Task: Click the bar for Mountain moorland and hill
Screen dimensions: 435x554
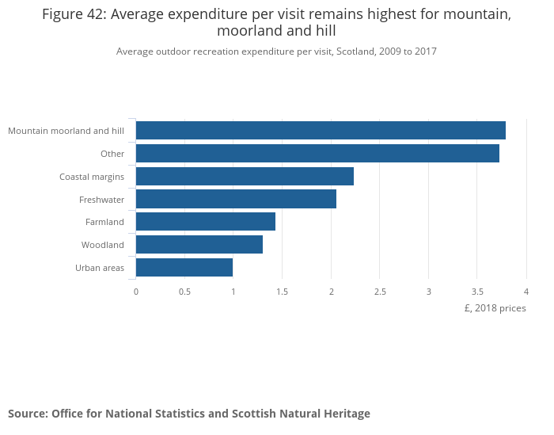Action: [x=321, y=131]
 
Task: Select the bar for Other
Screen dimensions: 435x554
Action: [x=317, y=153]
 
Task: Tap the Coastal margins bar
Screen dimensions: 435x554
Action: [x=245, y=176]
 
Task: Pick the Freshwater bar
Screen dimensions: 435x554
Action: [x=236, y=199]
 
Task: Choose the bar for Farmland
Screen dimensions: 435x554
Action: [x=206, y=222]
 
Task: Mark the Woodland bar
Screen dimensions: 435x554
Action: [x=199, y=245]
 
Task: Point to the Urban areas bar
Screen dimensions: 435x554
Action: [x=184, y=268]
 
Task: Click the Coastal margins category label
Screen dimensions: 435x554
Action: [x=92, y=177]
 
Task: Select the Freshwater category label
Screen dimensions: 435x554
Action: [x=101, y=200]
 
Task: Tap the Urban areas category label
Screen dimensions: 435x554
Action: [x=100, y=268]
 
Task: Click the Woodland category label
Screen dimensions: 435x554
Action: [x=103, y=245]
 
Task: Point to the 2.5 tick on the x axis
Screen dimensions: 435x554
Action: [x=380, y=292]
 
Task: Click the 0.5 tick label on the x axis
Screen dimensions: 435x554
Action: [x=184, y=292]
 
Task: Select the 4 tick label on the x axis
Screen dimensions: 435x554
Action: [x=526, y=292]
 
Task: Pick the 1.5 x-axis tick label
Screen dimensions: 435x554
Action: [x=282, y=292]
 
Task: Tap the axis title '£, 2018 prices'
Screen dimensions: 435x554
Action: [x=495, y=308]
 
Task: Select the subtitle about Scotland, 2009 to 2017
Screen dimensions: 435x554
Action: [x=276, y=52]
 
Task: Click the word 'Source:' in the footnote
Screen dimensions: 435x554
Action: [x=28, y=414]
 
